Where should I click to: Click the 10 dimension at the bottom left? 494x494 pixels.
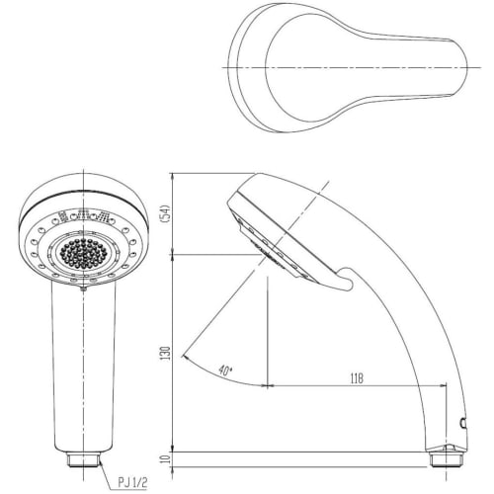(167, 457)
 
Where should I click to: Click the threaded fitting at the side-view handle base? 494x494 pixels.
(445, 456)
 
